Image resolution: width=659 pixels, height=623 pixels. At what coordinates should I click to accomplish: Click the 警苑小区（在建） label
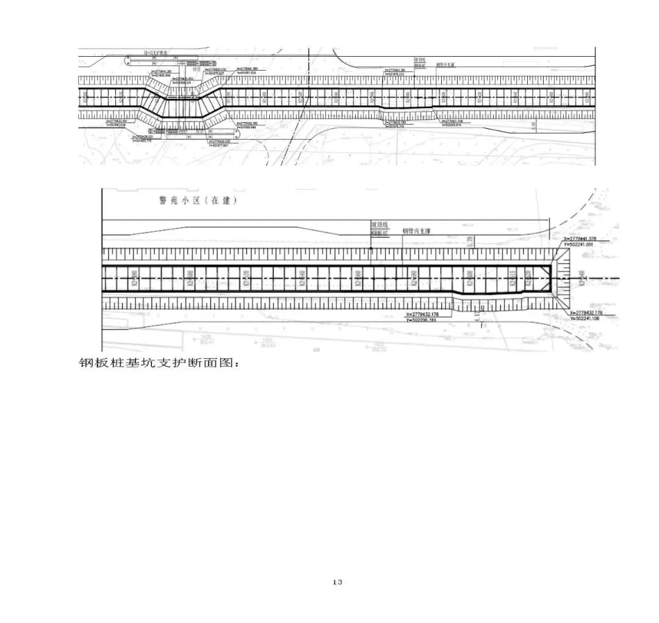[194, 201]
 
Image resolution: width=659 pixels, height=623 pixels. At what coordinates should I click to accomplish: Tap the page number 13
[337, 582]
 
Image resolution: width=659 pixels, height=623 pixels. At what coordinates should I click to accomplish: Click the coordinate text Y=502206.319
[427, 320]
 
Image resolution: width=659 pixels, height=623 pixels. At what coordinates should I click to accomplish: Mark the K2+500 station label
[469, 279]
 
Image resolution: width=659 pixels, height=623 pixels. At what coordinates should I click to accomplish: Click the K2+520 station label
[528, 279]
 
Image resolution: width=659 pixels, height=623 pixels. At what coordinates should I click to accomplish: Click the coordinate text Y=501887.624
[247, 73]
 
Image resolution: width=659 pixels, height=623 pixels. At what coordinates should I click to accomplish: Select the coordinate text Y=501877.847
[218, 146]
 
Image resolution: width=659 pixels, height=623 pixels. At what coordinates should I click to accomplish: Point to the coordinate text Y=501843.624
[116, 125]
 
